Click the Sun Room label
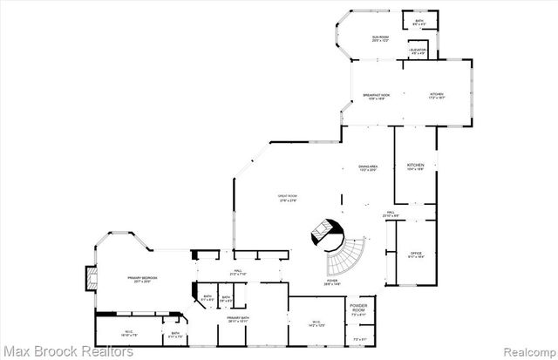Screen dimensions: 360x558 [x=380, y=38]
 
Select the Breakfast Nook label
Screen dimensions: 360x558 [x=377, y=96]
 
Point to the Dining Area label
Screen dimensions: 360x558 [x=368, y=167]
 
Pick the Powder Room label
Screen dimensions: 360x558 [x=359, y=309]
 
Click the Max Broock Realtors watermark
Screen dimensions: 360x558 [x=67, y=351]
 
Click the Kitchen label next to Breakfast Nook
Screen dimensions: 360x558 [x=436, y=96]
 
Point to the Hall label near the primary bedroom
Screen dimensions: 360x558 [x=238, y=272]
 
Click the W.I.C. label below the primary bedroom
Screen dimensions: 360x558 [x=128, y=332]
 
